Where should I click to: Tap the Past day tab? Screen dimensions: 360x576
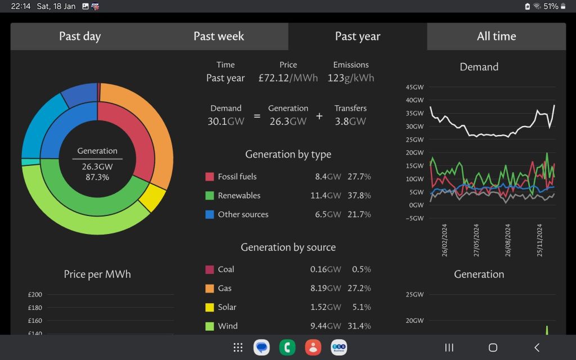click(80, 37)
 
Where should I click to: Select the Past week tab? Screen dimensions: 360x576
click(219, 37)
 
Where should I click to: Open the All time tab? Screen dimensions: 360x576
click(496, 37)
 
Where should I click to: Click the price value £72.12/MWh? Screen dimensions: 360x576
click(288, 78)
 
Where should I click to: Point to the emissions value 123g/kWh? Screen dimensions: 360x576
click(350, 78)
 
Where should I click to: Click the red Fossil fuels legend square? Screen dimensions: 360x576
click(210, 177)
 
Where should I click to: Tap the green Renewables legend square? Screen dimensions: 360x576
click(210, 196)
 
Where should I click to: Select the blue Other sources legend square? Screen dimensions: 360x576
click(210, 214)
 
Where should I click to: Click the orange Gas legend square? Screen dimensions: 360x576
click(210, 289)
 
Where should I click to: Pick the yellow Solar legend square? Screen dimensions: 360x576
click(210, 307)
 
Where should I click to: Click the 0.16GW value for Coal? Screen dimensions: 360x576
click(325, 269)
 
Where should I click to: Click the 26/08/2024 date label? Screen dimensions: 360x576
click(508, 240)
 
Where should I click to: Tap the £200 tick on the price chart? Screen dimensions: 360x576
click(35, 295)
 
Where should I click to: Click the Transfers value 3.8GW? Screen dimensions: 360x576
click(350, 121)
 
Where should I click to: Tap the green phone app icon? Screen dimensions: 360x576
click(287, 348)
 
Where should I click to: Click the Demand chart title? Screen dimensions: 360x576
click(479, 67)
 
